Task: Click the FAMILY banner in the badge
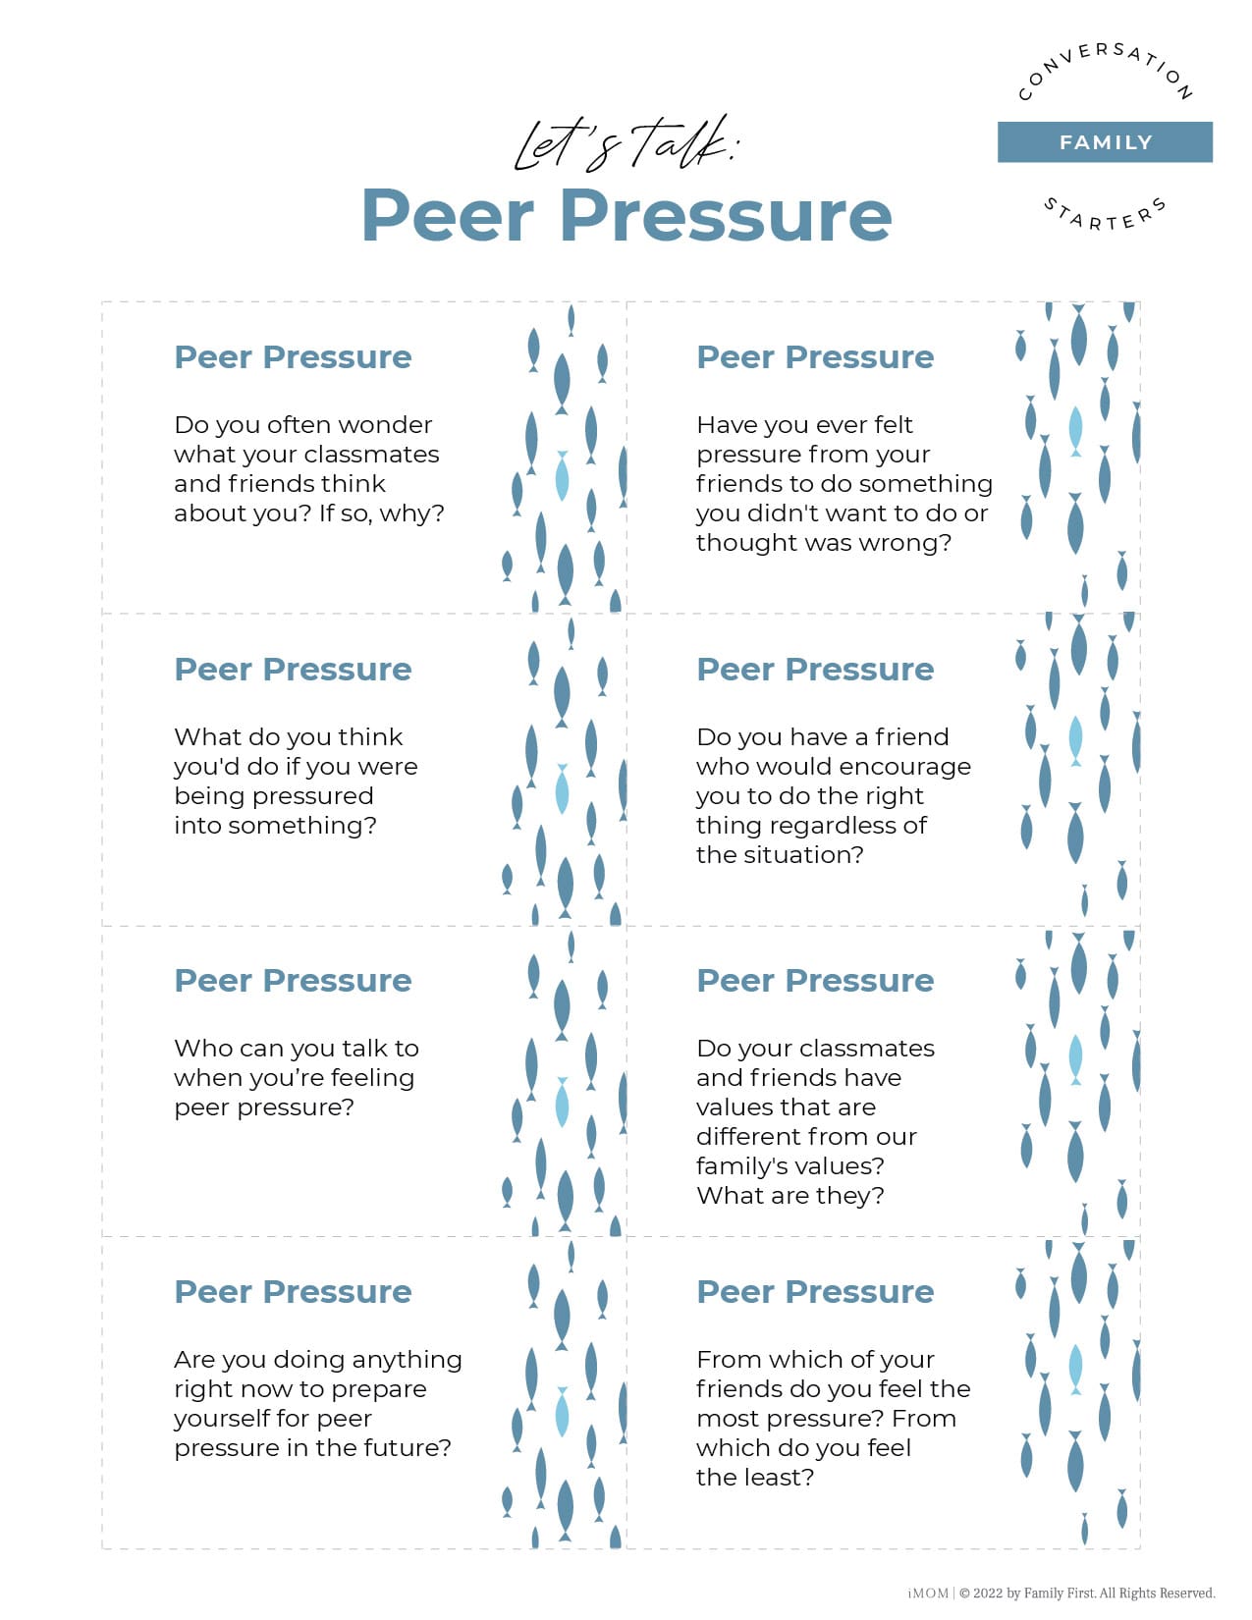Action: (x=1105, y=142)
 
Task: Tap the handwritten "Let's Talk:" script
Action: (x=626, y=143)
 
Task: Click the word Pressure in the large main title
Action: (x=726, y=215)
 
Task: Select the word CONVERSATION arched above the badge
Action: (x=1105, y=67)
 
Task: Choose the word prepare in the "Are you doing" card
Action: (x=378, y=1389)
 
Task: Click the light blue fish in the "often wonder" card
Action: (x=562, y=476)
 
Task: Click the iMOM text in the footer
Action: (x=928, y=1593)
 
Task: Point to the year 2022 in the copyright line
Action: (x=988, y=1593)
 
